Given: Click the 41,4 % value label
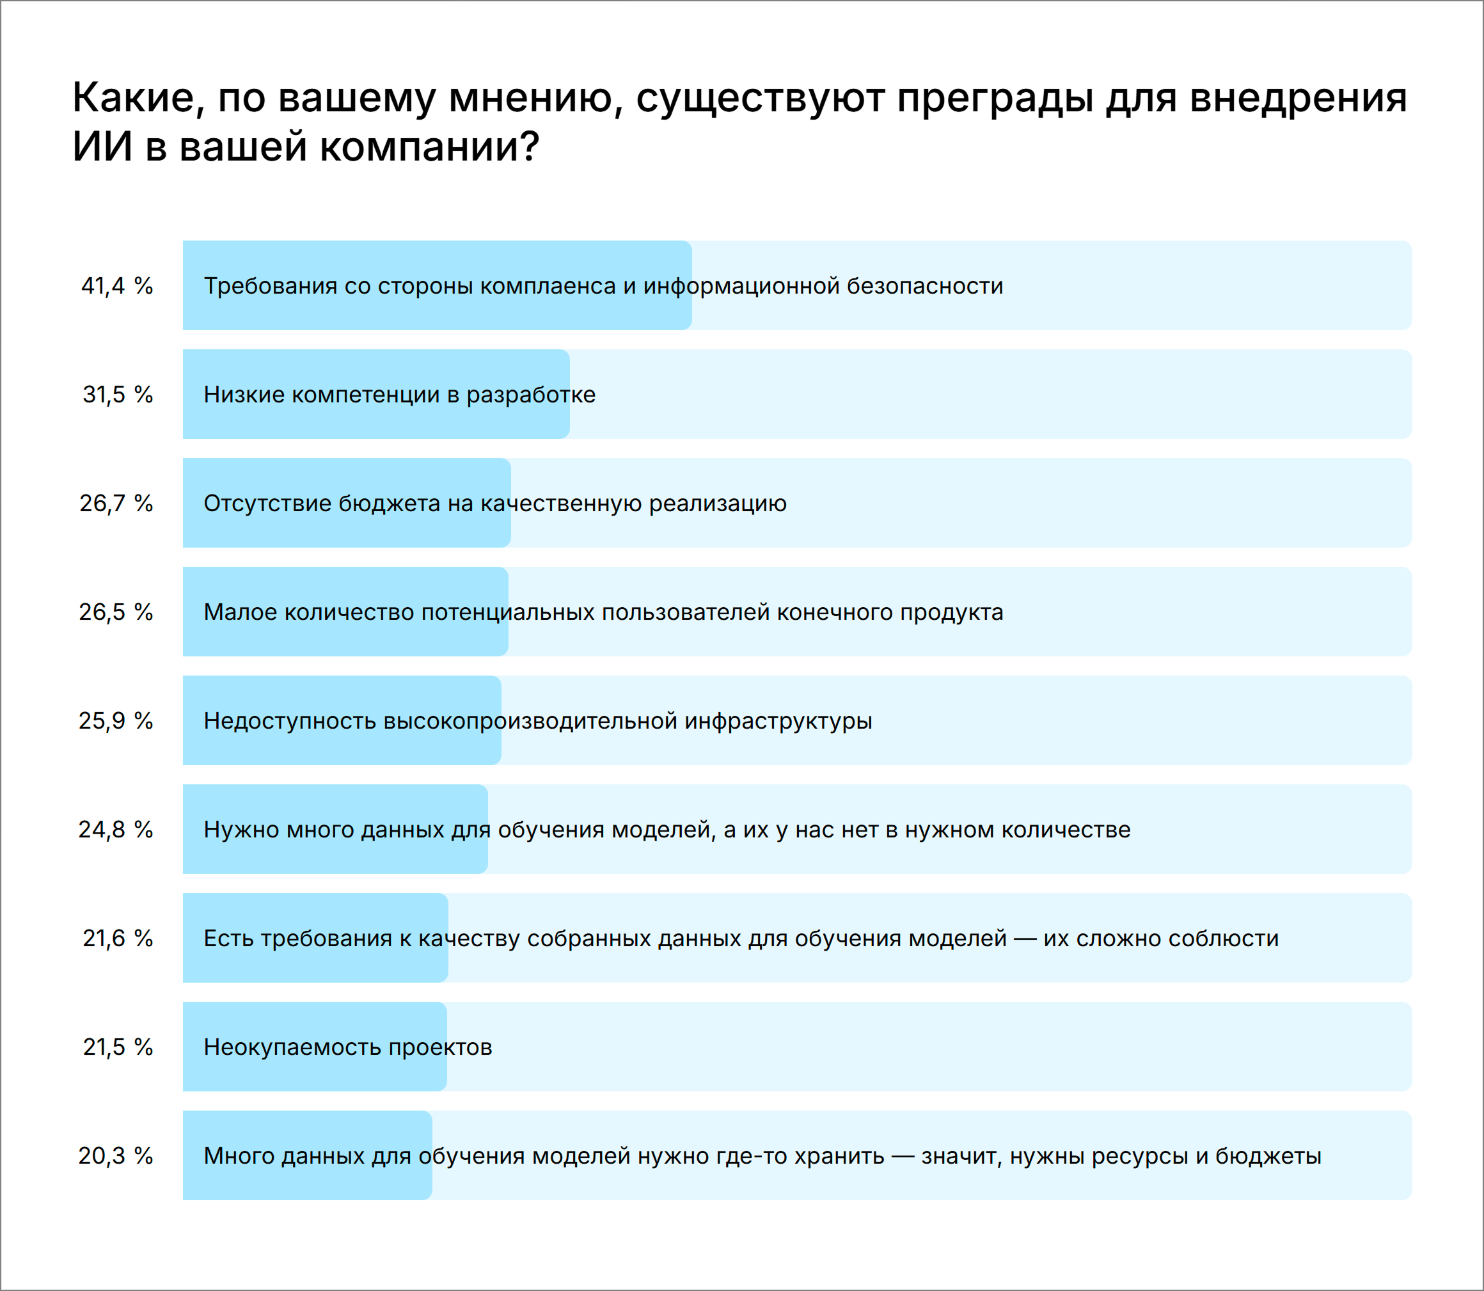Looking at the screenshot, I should coord(116,286).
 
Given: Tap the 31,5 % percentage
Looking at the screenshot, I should coord(118,395).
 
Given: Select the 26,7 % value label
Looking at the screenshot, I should coord(116,503).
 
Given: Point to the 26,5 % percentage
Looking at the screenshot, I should coord(116,612).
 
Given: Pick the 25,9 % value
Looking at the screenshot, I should coord(116,721).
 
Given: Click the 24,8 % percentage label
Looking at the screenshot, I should coord(116,830).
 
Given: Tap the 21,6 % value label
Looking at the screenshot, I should coord(118,939).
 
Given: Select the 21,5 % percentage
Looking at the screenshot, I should coord(118,1047).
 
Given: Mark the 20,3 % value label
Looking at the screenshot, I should coord(116,1156).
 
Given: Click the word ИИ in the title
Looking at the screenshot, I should coord(102,147).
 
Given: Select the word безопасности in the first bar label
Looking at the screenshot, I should coord(924,286).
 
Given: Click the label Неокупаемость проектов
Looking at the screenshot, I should coord(348,1047).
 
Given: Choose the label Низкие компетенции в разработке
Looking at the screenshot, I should coord(400,395).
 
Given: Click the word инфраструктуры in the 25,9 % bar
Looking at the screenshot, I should coord(778,721).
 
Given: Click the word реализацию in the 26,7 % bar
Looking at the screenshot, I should coord(718,503).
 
